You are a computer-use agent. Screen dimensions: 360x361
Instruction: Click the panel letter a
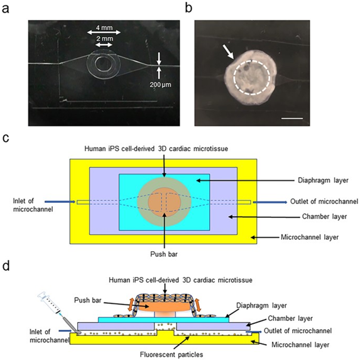pyautogui.click(x=5, y=9)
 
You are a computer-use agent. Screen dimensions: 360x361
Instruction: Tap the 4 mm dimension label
pyautogui.click(x=104, y=28)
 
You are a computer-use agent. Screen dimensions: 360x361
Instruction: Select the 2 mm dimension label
pyautogui.click(x=104, y=38)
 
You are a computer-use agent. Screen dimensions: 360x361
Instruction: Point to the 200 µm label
pyautogui.click(x=161, y=85)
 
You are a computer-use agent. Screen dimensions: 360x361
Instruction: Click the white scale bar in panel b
pyautogui.click(x=292, y=119)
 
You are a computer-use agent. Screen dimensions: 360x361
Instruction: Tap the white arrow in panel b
pyautogui.click(x=228, y=52)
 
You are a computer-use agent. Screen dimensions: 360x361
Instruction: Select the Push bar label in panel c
pyautogui.click(x=164, y=254)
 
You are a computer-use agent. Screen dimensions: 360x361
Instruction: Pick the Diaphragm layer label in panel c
pyautogui.click(x=323, y=180)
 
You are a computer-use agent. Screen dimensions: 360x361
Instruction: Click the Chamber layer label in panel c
pyautogui.click(x=324, y=217)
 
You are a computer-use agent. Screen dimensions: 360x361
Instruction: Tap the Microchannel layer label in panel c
pyautogui.click(x=310, y=237)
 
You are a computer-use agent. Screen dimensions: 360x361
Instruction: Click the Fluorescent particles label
pyautogui.click(x=172, y=355)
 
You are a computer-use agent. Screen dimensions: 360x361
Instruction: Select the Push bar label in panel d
pyautogui.click(x=88, y=300)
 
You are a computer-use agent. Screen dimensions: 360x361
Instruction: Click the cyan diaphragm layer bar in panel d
pyautogui.click(x=164, y=320)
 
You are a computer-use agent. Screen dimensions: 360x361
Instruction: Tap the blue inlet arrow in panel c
pyautogui.click(x=60, y=202)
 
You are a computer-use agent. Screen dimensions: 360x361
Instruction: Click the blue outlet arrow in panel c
pyautogui.click(x=270, y=202)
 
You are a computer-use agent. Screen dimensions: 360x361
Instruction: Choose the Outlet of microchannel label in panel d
pyautogui.click(x=298, y=331)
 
